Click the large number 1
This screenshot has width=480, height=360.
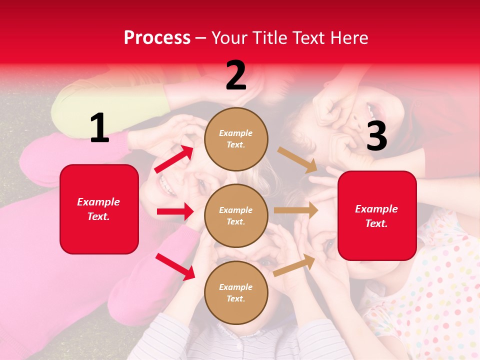point(99,128)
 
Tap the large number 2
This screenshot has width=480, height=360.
point(236,75)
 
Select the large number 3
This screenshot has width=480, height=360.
point(376,136)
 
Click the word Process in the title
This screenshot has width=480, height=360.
point(157,37)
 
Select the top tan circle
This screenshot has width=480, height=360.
point(236,139)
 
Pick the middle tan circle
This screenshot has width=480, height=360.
point(236,215)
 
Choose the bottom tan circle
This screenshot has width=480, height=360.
point(236,292)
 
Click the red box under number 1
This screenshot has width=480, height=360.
point(99,209)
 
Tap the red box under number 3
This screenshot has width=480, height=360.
point(377,215)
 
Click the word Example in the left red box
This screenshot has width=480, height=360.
point(98,202)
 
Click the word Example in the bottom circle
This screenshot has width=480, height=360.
point(235,287)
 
